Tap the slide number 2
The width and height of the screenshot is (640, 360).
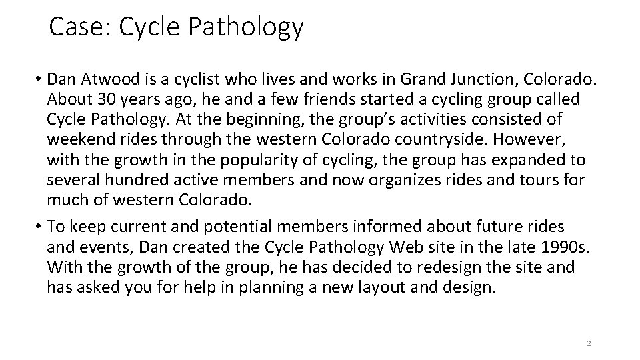[x=588, y=343]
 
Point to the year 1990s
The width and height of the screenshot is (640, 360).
[x=566, y=249]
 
